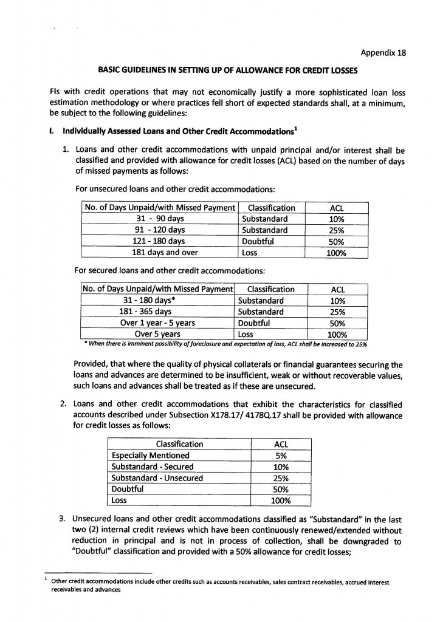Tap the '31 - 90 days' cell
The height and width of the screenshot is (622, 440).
(x=160, y=219)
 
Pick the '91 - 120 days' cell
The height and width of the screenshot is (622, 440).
(x=160, y=230)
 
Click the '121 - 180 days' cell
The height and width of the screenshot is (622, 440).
(x=160, y=241)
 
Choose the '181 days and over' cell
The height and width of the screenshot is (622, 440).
(x=160, y=253)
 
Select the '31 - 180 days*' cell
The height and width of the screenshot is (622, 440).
(x=156, y=301)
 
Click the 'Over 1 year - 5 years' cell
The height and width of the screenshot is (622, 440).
(x=156, y=323)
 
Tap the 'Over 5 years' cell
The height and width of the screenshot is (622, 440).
(x=157, y=334)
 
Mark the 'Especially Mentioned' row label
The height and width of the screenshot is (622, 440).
(x=150, y=455)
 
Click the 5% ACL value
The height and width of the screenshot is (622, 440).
(x=281, y=455)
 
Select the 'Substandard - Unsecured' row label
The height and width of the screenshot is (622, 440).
(x=157, y=478)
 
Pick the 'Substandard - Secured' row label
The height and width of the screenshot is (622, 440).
(x=152, y=466)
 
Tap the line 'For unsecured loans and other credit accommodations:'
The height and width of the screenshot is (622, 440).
(x=171, y=189)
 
